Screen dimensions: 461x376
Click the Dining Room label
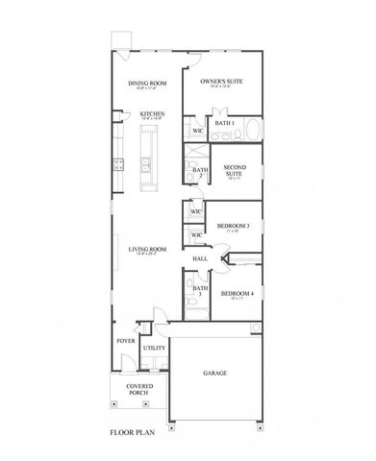148,84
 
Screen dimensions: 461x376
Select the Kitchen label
152,114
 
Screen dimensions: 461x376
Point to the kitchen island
148,158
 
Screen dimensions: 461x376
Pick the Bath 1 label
225,124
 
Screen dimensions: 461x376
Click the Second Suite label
235,169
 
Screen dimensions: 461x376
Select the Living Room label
148,251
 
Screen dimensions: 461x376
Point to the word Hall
201,259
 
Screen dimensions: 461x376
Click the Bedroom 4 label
237,294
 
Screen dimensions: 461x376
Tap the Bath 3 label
200,292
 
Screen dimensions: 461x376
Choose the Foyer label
126,341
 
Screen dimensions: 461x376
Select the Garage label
214,373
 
